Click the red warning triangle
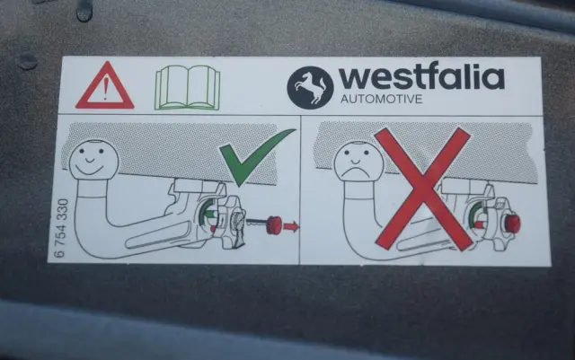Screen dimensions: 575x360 point(105,88)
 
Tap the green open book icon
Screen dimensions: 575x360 point(188,88)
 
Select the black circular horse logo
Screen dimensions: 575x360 point(310,88)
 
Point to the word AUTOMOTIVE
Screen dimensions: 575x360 point(381,99)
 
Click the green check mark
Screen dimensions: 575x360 point(257,157)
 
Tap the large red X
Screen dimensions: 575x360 point(423,189)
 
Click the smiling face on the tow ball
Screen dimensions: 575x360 point(93,160)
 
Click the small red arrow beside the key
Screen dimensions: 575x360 point(291,226)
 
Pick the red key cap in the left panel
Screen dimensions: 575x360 point(273,224)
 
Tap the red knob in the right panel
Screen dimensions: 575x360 point(512,224)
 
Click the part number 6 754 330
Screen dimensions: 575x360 point(62,228)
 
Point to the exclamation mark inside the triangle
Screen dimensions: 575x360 point(106,90)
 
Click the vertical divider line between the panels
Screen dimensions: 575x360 point(300,189)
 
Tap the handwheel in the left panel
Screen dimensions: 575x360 point(230,223)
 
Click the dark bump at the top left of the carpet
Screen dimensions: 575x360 point(26,62)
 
